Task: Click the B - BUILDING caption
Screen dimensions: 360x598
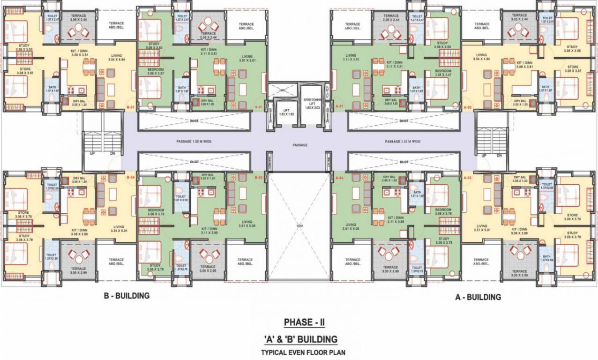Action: (126, 296)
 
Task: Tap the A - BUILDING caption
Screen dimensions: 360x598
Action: (478, 297)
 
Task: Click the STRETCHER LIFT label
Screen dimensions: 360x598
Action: (311, 104)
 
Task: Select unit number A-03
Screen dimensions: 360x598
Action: (467, 178)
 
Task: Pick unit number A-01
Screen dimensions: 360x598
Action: (340, 107)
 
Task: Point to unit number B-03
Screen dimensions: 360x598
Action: (258, 178)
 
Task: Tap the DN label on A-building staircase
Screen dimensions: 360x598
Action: (499, 155)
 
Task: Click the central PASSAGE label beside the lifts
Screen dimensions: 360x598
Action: (300, 145)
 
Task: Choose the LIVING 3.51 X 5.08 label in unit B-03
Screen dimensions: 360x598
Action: (247, 224)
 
